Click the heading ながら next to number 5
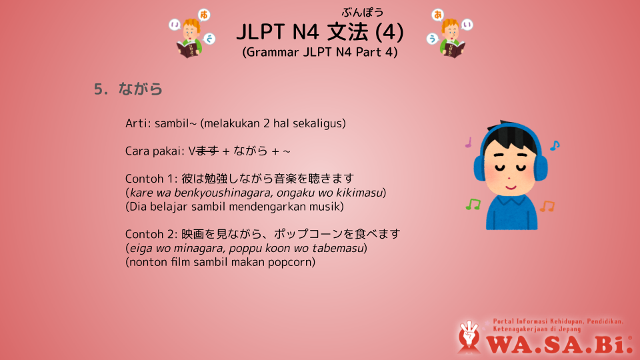click(x=141, y=89)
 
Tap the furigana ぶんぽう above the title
click(x=363, y=13)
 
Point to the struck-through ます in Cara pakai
click(x=207, y=151)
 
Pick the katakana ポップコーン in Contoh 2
click(x=308, y=234)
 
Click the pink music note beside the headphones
click(x=469, y=142)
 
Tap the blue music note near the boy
click(x=555, y=145)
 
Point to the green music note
click(x=473, y=204)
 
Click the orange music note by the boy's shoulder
click(x=547, y=206)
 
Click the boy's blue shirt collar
click(x=511, y=201)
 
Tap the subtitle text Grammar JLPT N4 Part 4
click(x=319, y=52)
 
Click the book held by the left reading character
click(x=189, y=49)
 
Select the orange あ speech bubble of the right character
click(x=437, y=15)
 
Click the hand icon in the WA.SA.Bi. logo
click(x=469, y=335)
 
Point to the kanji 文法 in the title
click(x=347, y=32)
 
